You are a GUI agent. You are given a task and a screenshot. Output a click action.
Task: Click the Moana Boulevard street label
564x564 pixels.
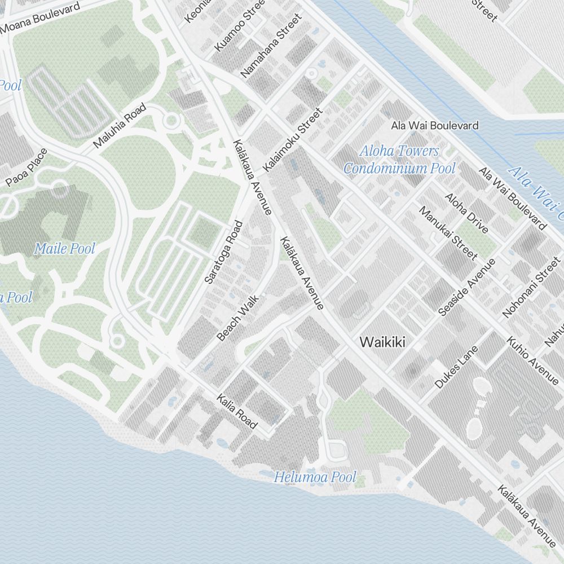coord(41,17)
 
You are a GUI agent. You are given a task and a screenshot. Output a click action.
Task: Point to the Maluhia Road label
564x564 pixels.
coord(120,126)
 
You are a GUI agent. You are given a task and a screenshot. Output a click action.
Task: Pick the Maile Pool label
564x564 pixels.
coord(64,248)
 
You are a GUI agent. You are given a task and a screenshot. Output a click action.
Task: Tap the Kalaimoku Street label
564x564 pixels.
coord(292,140)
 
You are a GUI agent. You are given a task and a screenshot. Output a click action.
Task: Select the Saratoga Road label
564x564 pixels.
coord(223,252)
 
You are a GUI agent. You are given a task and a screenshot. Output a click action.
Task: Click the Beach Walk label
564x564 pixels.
coord(237,318)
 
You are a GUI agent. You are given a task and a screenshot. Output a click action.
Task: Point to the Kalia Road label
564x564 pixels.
coord(237,411)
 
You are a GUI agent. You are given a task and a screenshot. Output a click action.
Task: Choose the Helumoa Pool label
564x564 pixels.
coord(315,478)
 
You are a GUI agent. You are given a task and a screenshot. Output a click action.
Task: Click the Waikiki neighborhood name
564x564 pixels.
coord(382,342)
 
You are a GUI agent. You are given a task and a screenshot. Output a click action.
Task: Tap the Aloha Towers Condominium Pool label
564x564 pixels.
coord(399,160)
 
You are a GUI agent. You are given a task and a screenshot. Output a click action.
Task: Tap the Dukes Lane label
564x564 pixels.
coord(456,367)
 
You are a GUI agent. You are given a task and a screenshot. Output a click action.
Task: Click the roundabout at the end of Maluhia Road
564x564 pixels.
coord(171,120)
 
